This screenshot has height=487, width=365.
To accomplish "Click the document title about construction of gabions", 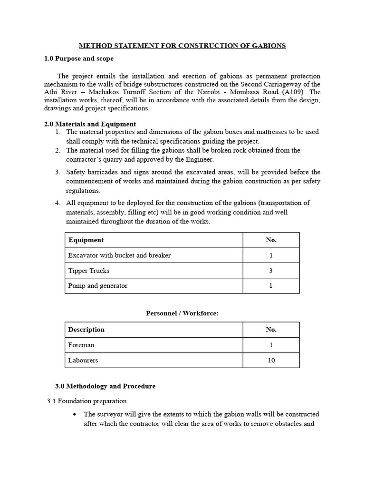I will [x=182, y=46].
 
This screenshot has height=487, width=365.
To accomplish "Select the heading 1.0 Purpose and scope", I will [x=78, y=58].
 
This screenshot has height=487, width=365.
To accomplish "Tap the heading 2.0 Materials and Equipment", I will [x=90, y=124].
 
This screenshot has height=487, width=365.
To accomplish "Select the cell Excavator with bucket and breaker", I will [x=119, y=255].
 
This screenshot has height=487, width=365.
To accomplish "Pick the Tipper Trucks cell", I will [x=89, y=271].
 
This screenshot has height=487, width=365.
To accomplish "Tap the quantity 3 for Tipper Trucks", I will [x=271, y=271].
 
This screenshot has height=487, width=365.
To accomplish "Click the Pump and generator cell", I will [x=98, y=286].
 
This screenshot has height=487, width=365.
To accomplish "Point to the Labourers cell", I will [x=83, y=360].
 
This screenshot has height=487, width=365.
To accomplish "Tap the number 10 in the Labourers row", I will [x=271, y=360].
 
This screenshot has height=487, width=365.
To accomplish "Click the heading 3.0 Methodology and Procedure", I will [x=106, y=386].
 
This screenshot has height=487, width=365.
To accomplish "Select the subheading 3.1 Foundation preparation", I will [x=87, y=401].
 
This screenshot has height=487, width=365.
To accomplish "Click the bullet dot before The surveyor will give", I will [x=75, y=415].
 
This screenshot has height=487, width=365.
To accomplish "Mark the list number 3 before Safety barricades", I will [x=57, y=172].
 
